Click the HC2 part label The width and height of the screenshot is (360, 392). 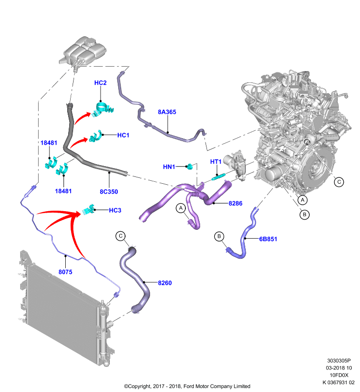101,83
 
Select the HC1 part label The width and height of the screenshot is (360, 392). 123,135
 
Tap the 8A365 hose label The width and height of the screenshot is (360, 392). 167,112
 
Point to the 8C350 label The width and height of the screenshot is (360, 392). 109,192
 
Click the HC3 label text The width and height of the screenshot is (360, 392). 115,211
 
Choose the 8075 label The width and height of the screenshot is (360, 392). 65,272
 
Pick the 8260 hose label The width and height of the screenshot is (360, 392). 165,283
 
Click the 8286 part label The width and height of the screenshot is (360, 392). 235,203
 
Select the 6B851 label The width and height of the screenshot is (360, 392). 268,239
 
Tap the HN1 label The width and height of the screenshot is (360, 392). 169,167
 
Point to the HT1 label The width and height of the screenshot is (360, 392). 216,162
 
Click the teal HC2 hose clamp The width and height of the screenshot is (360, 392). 103,109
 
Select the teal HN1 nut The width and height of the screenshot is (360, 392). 190,166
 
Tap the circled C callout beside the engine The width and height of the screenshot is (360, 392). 339,182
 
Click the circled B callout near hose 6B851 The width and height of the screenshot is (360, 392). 219,236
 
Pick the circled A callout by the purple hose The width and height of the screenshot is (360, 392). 180,208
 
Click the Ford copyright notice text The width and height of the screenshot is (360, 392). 187,386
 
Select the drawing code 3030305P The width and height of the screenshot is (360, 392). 339,361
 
